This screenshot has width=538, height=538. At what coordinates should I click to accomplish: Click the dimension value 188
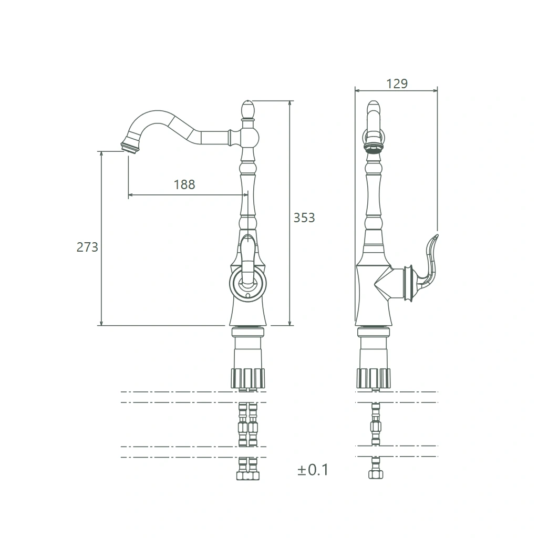coord(184,184)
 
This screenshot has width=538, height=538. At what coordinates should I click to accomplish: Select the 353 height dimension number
coord(304,218)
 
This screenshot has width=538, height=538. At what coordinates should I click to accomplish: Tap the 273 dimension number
coord(87,247)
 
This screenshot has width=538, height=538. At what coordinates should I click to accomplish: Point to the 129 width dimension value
coord(397,84)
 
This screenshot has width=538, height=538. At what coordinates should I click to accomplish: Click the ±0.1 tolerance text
coord(313,470)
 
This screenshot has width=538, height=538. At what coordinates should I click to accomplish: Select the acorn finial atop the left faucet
coord(248,109)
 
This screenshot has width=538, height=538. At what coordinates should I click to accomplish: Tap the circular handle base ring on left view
coord(248,283)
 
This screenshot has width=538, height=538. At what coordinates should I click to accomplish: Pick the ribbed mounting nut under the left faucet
coord(248,378)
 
